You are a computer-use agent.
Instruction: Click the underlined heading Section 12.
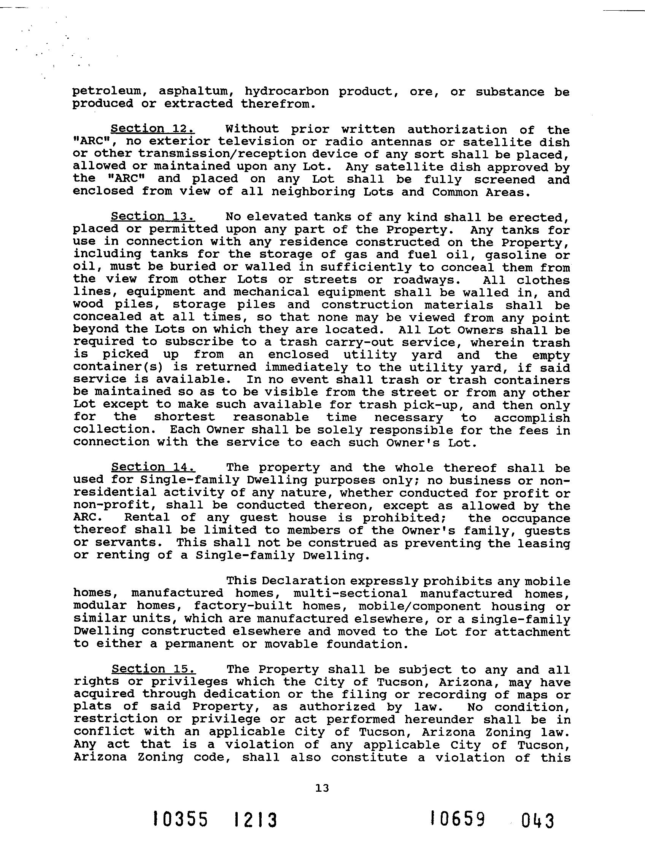(153, 128)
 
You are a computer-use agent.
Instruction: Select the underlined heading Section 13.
(153, 216)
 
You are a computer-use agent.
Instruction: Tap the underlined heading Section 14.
(153, 467)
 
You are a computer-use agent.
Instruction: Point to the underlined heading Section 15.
(153, 669)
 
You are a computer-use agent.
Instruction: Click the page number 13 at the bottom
(322, 788)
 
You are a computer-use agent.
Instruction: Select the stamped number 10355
(180, 820)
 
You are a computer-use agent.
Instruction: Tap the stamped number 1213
(256, 820)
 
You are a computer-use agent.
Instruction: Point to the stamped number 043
(537, 821)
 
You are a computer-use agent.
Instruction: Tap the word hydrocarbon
(287, 92)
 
